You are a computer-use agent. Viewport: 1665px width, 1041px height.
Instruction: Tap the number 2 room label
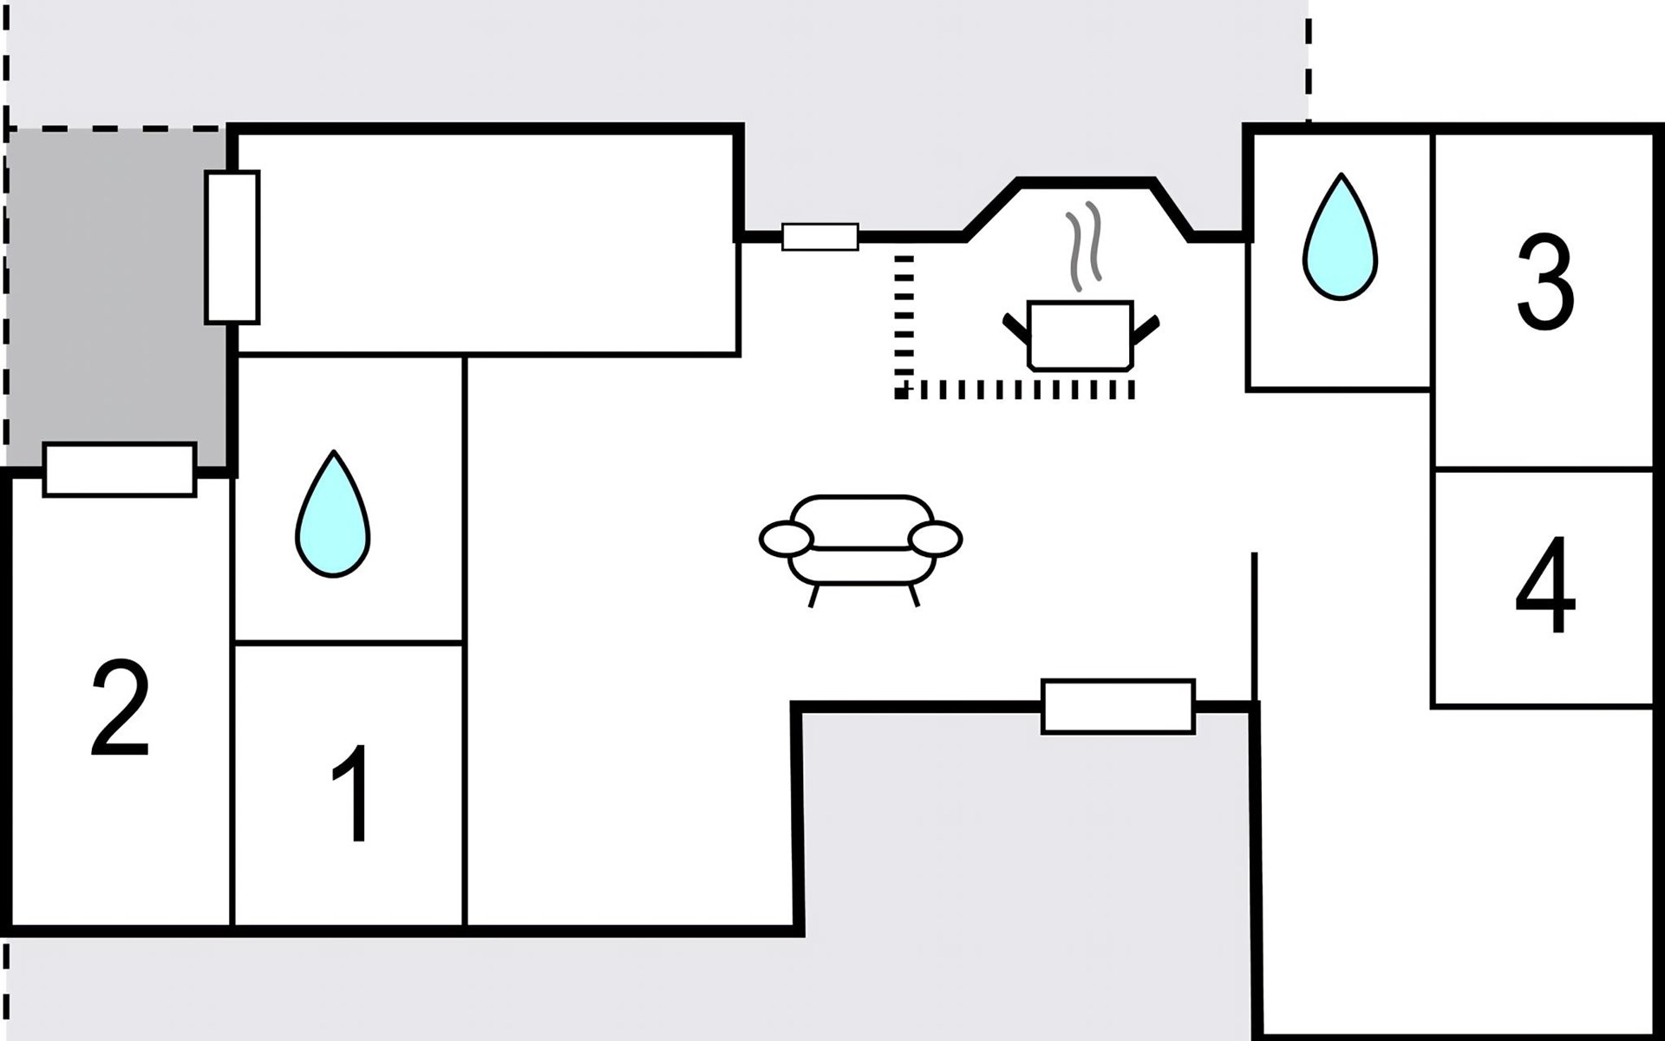[120, 708]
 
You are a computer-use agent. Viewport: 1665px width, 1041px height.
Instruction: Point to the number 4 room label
[1545, 586]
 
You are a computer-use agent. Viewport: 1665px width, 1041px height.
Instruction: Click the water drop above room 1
[333, 515]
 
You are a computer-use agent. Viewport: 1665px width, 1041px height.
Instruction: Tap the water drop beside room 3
[1340, 239]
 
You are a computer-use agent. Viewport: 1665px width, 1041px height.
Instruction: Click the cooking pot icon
[1080, 335]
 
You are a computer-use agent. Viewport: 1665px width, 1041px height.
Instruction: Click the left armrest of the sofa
[787, 539]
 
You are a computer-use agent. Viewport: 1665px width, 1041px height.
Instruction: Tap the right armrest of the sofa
[936, 539]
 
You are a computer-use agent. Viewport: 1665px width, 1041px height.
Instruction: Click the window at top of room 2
[120, 470]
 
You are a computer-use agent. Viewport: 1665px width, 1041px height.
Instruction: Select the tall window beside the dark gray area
[232, 247]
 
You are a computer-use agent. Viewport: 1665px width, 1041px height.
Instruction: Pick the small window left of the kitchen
[819, 237]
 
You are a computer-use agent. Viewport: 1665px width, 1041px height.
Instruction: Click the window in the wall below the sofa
[1118, 707]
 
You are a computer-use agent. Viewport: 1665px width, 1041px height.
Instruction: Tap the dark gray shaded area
[113, 286]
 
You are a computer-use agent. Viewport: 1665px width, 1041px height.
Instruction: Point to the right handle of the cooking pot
[1146, 329]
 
